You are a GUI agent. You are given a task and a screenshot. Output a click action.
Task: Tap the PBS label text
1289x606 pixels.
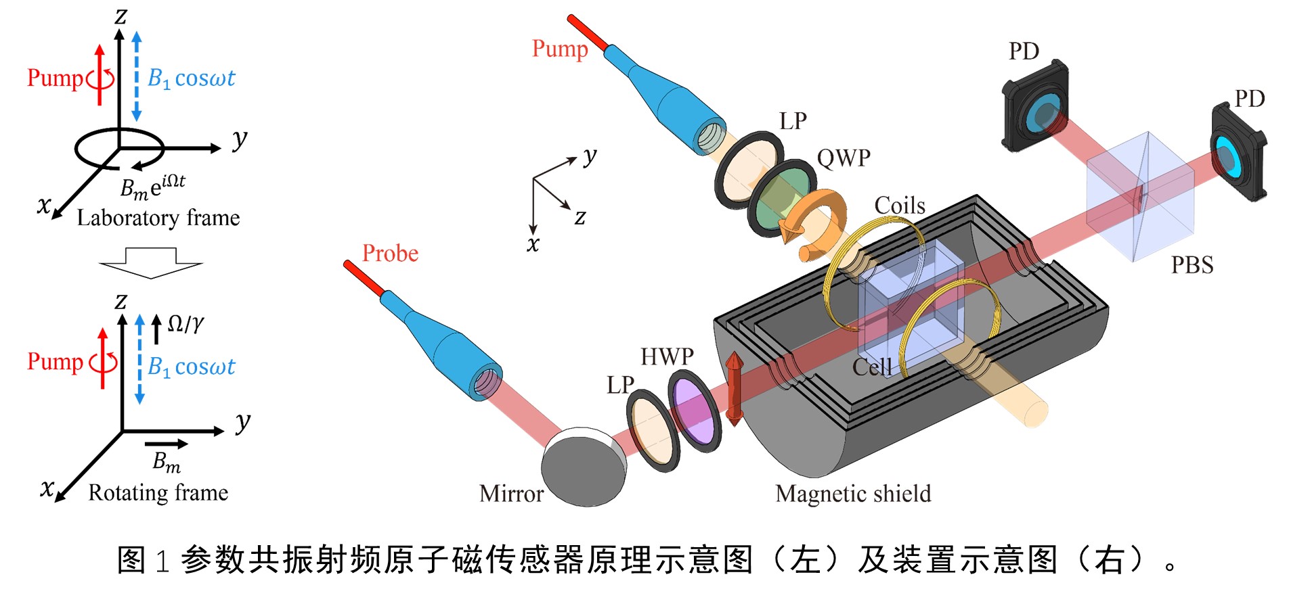click(1192, 265)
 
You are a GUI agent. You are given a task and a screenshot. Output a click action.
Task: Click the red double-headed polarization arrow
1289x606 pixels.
click(735, 388)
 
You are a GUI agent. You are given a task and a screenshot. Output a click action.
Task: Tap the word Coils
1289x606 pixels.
click(899, 206)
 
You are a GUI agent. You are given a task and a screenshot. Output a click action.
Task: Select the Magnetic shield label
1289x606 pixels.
click(853, 494)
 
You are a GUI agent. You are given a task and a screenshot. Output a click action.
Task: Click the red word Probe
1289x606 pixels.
click(390, 254)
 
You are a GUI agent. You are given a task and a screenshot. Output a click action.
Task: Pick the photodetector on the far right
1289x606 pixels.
click(1237, 154)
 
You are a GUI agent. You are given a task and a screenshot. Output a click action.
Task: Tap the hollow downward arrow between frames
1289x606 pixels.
click(150, 263)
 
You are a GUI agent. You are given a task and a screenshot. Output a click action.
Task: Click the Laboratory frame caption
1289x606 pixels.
click(158, 218)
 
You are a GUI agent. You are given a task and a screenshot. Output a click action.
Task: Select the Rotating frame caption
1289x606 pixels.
click(158, 492)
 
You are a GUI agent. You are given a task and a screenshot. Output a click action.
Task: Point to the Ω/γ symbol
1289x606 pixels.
click(185, 324)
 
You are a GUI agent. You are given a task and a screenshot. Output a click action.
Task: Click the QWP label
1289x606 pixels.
click(843, 158)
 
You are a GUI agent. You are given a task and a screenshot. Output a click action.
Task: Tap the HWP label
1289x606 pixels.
click(667, 356)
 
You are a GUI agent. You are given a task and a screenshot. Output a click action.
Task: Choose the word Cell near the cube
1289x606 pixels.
click(871, 367)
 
